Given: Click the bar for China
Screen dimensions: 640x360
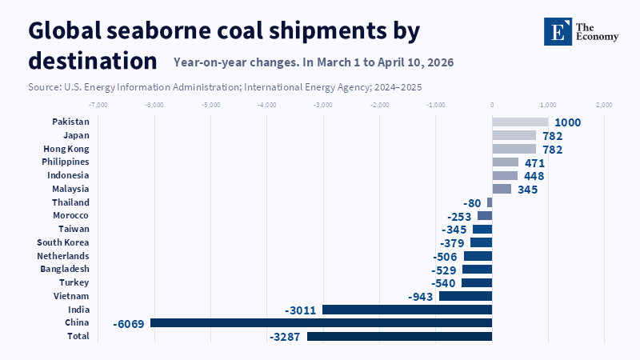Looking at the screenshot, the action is [322, 323].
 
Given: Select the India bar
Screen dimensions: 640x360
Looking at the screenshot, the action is [407, 310].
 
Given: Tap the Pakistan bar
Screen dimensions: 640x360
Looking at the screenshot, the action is [521, 122].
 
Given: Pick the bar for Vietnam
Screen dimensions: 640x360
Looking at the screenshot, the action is [466, 296].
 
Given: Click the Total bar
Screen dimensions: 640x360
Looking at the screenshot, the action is [399, 336].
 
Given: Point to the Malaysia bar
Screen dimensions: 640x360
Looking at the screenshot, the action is [502, 189].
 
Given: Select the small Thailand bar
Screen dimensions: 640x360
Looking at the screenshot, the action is [490, 202].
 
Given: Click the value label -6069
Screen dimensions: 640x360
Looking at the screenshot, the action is [129, 324].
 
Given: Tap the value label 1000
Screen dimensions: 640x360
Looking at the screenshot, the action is [568, 122].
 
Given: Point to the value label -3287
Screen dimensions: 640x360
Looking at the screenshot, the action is [285, 337].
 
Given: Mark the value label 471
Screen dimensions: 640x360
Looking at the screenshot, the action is [534, 163].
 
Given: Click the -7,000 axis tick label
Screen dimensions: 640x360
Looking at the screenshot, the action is [98, 105].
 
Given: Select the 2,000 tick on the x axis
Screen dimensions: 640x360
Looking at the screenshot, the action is [604, 105].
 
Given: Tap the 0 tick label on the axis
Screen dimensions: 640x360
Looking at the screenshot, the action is [492, 105].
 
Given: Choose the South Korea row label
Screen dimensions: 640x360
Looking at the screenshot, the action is [63, 242].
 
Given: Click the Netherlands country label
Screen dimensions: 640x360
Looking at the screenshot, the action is [63, 256].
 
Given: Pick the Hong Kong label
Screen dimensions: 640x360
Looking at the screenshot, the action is [66, 149].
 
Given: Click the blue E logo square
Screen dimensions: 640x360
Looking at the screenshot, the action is [558, 31].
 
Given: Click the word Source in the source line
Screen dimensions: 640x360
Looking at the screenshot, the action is [43, 87].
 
